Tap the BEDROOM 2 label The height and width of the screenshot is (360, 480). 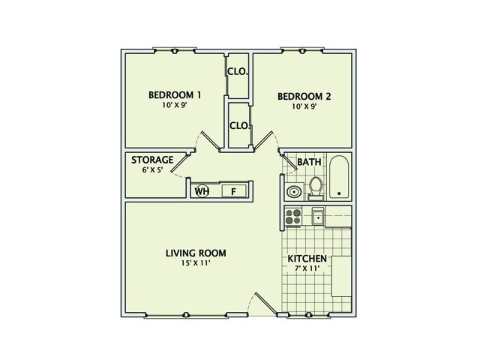coord(304,96)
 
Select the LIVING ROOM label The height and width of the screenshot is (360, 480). coord(196,253)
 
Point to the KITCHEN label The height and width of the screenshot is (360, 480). coord(307,259)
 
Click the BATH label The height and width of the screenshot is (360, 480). coord(309,162)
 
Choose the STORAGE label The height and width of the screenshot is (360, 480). coord(152,160)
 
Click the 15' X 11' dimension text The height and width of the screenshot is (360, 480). coord(196,264)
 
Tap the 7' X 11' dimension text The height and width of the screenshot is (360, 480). coord(307,270)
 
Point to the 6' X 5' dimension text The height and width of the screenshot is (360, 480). coord(151,170)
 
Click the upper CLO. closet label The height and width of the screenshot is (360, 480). coord(238,72)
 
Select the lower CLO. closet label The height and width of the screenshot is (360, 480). coord(239,125)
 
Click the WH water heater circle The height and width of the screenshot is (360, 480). coord(201,191)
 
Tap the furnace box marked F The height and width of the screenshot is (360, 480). coord(233,191)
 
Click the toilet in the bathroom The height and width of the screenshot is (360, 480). coord(316,184)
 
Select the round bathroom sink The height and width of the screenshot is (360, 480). coord(292,192)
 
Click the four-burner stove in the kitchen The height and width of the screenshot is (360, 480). coord(292,217)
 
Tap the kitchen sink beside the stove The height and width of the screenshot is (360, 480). coord(317,217)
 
